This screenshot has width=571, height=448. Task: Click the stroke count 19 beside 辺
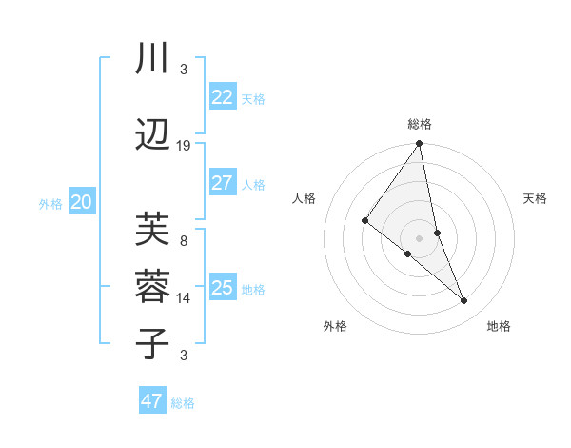(x=184, y=146)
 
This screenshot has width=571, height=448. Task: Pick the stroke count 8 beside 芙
(x=184, y=241)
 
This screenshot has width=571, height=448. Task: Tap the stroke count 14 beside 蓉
(x=184, y=298)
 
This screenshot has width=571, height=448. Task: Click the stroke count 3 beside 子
(x=184, y=356)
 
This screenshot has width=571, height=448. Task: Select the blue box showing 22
(x=222, y=96)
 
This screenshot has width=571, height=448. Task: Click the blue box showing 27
(x=222, y=183)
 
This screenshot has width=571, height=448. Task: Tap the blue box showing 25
(x=222, y=288)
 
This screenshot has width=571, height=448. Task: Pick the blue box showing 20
(x=82, y=202)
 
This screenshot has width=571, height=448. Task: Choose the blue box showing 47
(x=152, y=401)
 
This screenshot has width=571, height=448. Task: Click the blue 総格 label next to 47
(x=183, y=403)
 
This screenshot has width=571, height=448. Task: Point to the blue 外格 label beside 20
(x=49, y=203)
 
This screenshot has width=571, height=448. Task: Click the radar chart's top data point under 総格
(x=419, y=144)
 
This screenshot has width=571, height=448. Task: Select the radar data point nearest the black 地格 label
(x=464, y=301)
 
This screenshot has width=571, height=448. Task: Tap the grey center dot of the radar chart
(x=419, y=237)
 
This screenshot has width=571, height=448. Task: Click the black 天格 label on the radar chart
(x=535, y=198)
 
